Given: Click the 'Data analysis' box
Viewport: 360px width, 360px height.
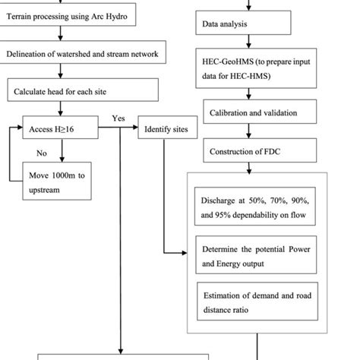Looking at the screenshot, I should click(243, 24).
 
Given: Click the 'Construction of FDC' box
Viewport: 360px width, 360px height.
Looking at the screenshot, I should click(251, 151).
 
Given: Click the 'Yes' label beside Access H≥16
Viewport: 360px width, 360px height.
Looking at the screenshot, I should click(118, 118).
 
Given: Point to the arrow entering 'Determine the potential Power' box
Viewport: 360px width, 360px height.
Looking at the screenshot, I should click(179, 253).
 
